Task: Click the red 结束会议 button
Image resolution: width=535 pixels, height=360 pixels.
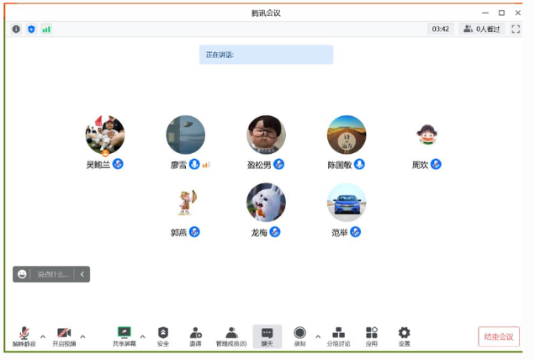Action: click(x=498, y=336)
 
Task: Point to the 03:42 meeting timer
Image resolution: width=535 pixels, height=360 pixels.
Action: click(x=441, y=29)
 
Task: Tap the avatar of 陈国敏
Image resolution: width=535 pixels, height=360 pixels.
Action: click(x=347, y=135)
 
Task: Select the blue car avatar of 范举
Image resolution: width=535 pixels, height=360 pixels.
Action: click(x=347, y=203)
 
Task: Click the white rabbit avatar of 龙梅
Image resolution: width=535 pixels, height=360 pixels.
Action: click(x=266, y=203)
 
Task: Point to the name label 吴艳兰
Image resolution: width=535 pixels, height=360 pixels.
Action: click(x=98, y=165)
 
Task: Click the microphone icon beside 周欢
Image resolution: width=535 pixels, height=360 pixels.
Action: click(x=436, y=164)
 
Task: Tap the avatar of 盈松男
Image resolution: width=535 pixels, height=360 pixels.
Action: click(x=266, y=135)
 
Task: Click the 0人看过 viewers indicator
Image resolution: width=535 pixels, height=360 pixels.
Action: click(x=482, y=29)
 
